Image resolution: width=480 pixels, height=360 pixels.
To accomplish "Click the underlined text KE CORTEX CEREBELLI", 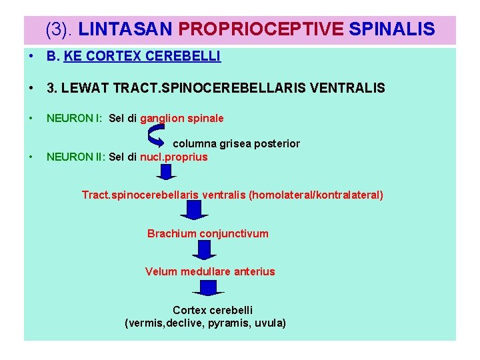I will click(x=142, y=57).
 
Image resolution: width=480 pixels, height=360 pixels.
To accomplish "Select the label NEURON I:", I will click(x=74, y=119).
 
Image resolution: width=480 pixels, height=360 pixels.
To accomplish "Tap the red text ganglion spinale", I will click(x=182, y=119).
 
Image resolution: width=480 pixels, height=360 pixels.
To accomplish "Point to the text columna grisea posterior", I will click(x=237, y=143).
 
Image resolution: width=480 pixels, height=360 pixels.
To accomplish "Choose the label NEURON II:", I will click(x=75, y=157).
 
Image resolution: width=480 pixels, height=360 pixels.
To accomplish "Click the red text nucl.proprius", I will click(x=174, y=157).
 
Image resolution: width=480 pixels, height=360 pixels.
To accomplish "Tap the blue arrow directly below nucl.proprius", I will click(x=167, y=173).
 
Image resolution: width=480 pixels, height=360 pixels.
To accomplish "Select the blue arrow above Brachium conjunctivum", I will click(x=195, y=211).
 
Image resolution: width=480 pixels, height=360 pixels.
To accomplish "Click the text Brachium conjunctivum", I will click(x=208, y=233).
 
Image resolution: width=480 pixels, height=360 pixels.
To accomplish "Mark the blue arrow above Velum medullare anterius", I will click(x=205, y=250).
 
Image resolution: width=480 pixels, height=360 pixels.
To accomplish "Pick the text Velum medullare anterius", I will click(x=210, y=271).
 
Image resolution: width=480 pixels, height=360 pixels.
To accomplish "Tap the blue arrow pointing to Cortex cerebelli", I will click(x=208, y=288).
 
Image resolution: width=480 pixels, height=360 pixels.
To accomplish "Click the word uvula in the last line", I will click(x=269, y=323).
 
